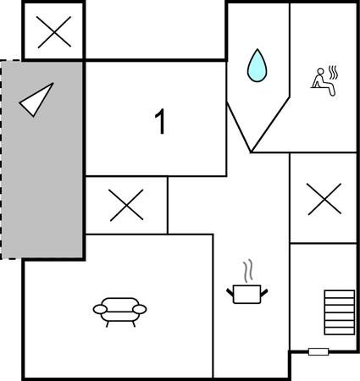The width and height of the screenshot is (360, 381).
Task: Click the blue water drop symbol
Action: coord(257,67)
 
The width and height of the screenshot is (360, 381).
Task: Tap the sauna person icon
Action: coord(324,82)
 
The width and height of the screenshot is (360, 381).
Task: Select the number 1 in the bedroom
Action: coord(160,121)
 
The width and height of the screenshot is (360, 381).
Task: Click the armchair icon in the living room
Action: coord(119,312)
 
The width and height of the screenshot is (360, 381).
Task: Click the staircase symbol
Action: coord(340,312)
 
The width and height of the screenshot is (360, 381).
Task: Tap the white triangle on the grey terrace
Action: coord(36,100)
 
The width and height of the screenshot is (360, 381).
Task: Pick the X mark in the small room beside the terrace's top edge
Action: coord(53,32)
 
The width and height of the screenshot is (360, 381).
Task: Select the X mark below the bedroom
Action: coord(126,205)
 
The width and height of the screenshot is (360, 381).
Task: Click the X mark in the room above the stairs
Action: coord(324,199)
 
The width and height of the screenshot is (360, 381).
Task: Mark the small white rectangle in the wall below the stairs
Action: coord(318,351)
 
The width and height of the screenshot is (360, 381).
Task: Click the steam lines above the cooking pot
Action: coord(248,271)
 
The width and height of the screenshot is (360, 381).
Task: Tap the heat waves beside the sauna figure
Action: coord(334,72)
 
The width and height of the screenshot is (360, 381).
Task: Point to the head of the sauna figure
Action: coord(321,71)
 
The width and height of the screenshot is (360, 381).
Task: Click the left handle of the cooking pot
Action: coord(230,292)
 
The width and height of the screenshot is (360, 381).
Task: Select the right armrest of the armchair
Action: coord(140,309)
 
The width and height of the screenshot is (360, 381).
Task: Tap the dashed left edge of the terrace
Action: coord(1,159)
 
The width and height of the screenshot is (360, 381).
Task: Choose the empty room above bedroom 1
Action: coord(155,30)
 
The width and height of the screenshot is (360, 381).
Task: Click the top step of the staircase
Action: coord(340,294)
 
